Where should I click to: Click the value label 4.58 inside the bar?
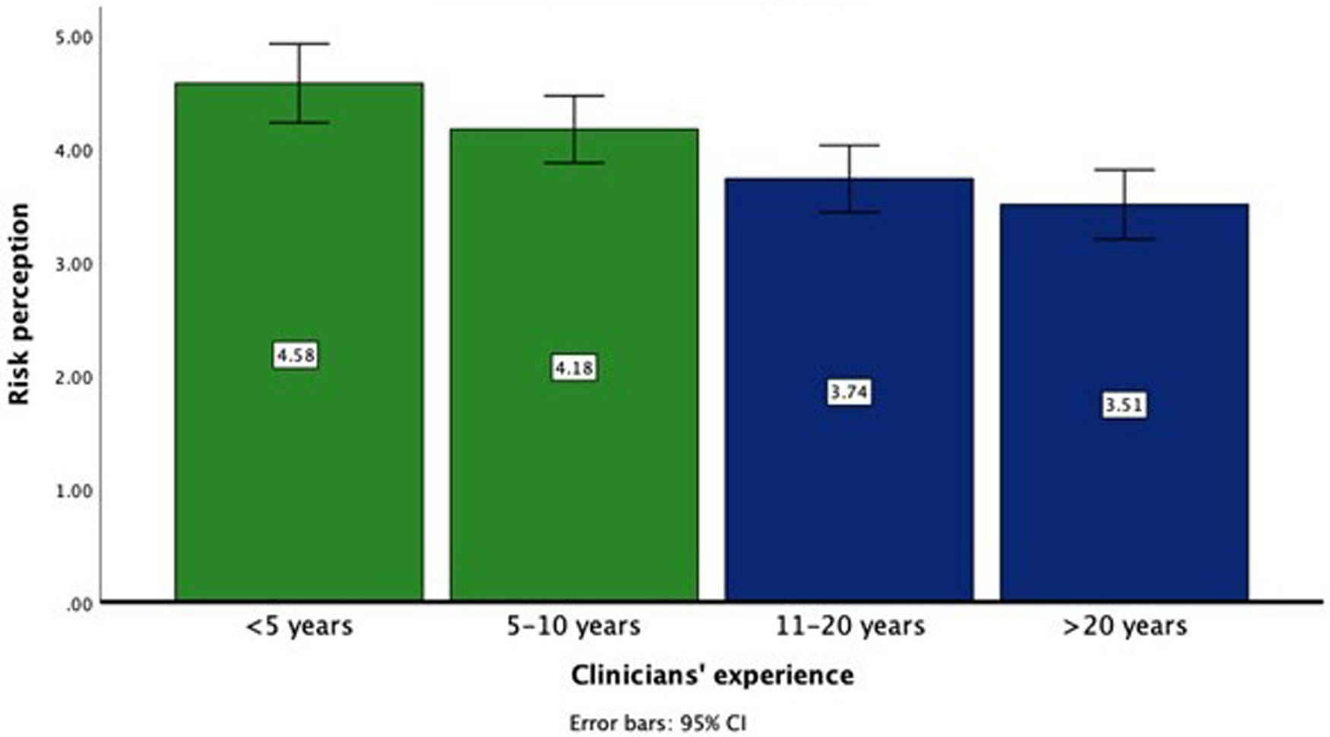296,356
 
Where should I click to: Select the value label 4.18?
574,368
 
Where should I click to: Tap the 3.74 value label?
849,393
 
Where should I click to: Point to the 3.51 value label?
1124,406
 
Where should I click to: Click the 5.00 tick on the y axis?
73,37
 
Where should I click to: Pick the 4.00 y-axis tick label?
73,151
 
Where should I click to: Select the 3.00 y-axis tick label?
73,264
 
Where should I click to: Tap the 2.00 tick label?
73,378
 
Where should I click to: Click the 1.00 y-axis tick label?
73,491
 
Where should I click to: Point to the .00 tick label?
79,605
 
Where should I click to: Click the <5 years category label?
299,627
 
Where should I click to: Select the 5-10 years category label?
574,627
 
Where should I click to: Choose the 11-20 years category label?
850,627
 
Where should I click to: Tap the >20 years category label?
1124,627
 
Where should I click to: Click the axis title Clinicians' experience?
712,675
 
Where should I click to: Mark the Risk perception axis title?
19,304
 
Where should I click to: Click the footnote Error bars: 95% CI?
657,723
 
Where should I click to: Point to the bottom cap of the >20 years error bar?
1124,239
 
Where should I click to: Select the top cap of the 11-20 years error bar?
849,145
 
